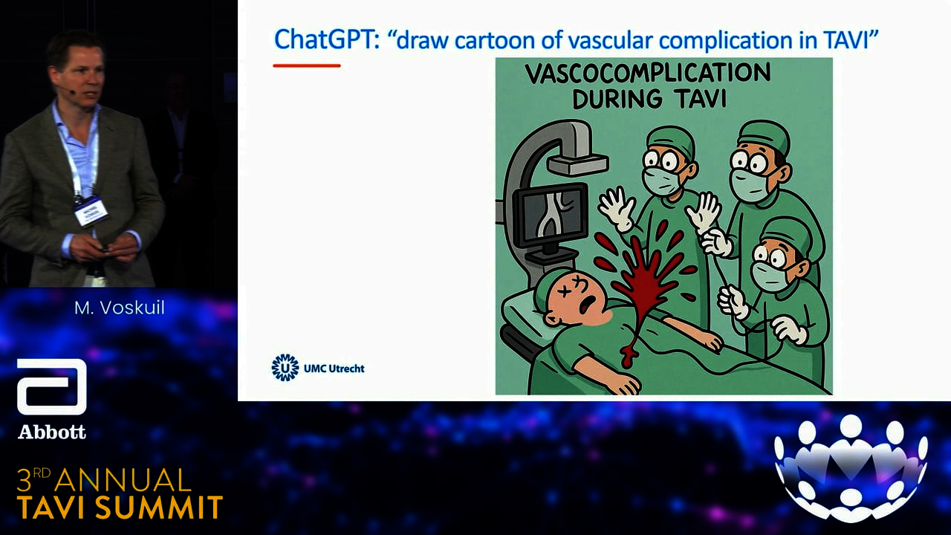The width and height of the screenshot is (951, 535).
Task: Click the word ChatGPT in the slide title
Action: click(326, 40)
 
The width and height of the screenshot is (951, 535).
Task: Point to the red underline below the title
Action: click(307, 65)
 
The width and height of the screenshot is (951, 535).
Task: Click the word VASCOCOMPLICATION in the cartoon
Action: click(648, 73)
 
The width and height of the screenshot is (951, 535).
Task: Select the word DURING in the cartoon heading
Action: click(617, 99)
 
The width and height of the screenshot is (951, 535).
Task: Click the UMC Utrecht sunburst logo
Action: click(285, 368)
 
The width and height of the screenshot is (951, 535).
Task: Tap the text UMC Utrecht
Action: click(334, 369)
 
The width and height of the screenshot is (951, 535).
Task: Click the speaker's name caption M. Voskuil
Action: click(120, 308)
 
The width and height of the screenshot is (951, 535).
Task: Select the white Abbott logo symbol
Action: click(52, 387)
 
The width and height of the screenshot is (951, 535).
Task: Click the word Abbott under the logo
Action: click(52, 432)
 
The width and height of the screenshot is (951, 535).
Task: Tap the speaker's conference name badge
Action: click(91, 210)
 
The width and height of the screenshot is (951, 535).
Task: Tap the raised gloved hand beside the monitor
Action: click(617, 209)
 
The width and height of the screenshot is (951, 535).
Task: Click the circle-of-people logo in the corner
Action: click(851, 465)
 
